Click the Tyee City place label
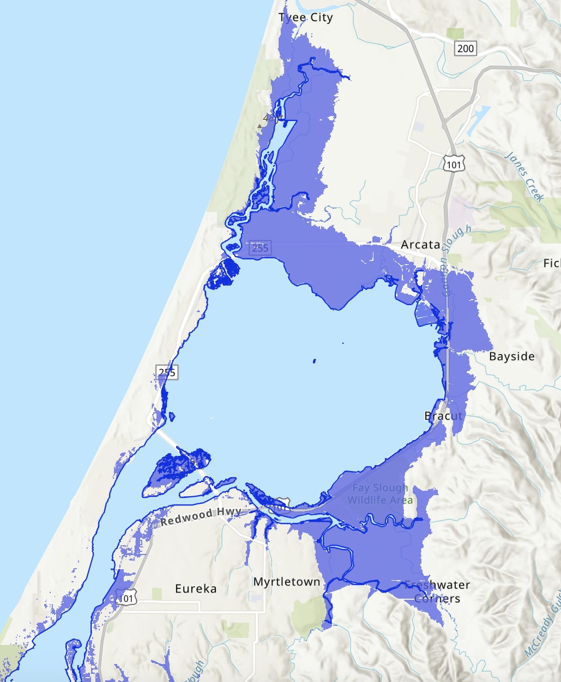(x=305, y=17)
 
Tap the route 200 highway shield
(x=465, y=48)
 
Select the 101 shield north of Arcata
(x=454, y=164)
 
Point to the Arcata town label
(x=420, y=245)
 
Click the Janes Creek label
(x=524, y=176)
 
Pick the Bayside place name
(x=511, y=356)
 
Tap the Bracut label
(x=443, y=416)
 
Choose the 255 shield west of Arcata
(x=260, y=248)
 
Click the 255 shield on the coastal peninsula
(x=167, y=372)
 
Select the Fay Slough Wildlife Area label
(x=380, y=494)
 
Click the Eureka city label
(x=196, y=589)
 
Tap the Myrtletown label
(x=287, y=582)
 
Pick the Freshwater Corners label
(x=437, y=592)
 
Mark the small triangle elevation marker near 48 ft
(x=260, y=125)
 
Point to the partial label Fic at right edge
(x=552, y=263)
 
